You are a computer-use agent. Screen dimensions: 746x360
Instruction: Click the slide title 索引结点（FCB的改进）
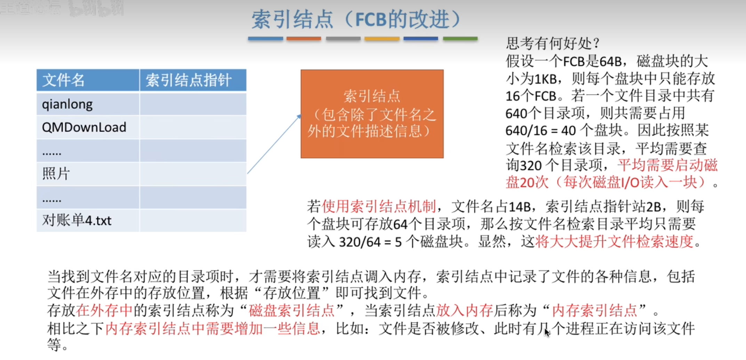[x=356, y=19]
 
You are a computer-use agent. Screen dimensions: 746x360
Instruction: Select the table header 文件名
[x=63, y=80]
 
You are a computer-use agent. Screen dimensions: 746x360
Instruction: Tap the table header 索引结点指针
[x=188, y=80]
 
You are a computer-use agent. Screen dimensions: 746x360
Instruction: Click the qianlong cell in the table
[x=88, y=104]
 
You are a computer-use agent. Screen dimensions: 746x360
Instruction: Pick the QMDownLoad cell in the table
[x=88, y=127]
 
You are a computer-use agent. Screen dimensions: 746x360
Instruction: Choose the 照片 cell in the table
[x=88, y=174]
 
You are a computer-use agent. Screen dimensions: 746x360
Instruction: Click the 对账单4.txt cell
[x=88, y=220]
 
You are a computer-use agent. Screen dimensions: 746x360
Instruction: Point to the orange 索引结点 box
[x=372, y=114]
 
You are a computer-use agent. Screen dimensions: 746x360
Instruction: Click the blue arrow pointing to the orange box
[x=274, y=144]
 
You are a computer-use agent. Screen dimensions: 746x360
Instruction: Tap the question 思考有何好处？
[x=553, y=43]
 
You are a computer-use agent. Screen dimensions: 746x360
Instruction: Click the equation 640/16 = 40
[x=540, y=131]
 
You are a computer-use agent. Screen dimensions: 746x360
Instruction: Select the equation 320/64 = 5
[x=370, y=242]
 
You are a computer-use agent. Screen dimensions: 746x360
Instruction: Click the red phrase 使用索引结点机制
[x=379, y=207]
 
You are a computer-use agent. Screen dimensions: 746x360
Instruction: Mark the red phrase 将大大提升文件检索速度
[x=615, y=241]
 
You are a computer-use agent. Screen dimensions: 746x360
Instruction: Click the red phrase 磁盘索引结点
[x=291, y=310]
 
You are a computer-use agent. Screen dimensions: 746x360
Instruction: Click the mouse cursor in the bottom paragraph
[x=547, y=332]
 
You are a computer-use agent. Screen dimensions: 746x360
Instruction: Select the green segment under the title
[x=460, y=39]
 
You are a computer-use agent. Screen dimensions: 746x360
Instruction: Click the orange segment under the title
[x=304, y=39]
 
